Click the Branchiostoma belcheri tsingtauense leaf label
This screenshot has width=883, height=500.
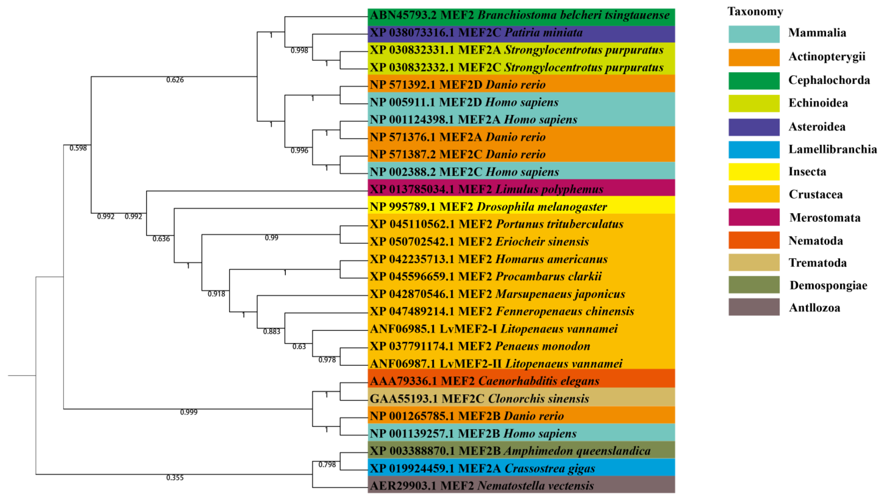(519, 15)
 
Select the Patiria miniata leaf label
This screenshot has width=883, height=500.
(476, 33)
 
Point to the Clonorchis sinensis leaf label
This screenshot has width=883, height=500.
(479, 399)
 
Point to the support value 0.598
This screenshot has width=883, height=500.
(78, 148)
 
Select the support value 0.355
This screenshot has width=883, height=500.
(175, 478)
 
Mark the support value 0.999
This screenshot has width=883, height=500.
(189, 412)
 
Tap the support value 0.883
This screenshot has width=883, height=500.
(271, 332)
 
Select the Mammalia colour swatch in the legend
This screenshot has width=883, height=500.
(754, 34)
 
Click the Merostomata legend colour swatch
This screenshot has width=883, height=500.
(754, 217)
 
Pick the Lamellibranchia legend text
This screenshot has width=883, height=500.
(832, 149)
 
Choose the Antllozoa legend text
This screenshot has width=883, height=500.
(814, 308)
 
